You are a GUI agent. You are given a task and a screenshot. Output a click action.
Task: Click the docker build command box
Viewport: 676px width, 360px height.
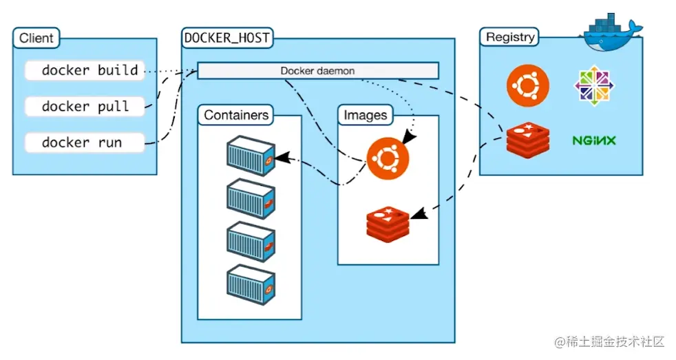point(85,70)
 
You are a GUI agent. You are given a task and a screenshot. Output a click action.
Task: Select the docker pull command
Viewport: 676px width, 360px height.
point(85,106)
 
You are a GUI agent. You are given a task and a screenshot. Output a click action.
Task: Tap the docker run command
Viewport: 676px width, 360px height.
point(85,142)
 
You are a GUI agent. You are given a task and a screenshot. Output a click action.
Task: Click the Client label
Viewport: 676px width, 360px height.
point(36,38)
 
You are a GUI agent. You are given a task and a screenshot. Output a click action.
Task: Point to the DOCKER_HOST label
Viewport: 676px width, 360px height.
point(226,38)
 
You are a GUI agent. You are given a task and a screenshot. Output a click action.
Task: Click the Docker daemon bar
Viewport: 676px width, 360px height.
point(317,71)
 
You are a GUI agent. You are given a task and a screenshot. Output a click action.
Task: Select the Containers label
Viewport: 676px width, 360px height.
point(236,115)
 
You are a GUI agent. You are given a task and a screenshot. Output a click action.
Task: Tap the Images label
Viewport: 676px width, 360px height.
point(366,115)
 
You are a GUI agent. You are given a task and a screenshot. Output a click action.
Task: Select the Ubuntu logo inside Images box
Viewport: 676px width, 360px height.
point(388,158)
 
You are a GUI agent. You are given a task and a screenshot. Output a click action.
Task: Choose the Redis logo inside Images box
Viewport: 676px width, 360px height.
point(388,222)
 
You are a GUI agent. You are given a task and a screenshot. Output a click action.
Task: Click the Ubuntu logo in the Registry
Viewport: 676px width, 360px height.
point(528,85)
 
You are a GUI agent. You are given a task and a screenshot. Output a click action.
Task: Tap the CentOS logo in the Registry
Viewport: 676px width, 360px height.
point(593,85)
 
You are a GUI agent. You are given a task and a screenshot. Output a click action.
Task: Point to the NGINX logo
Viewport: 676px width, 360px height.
point(593,140)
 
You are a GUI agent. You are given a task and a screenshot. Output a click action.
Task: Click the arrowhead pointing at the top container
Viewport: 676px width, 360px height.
point(280,158)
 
